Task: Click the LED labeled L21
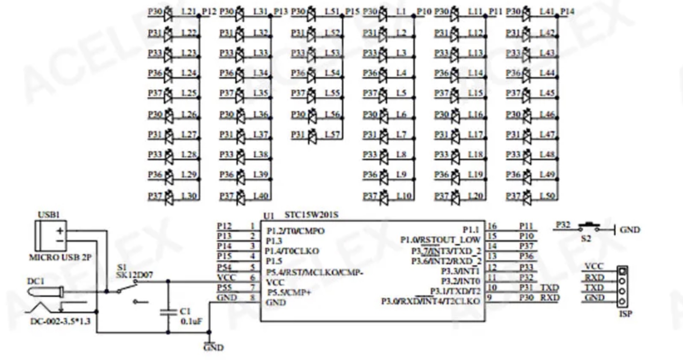168,13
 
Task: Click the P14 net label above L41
567,12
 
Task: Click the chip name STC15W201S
311,215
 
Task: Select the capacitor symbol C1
168,312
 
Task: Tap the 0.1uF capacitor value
191,321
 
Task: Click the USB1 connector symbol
50,235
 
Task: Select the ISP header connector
622,286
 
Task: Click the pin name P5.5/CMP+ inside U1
289,293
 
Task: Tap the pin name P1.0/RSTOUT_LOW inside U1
440,240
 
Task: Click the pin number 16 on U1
492,226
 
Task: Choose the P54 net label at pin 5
224,267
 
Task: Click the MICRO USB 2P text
60,257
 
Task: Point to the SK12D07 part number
134,275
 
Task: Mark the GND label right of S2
630,230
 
